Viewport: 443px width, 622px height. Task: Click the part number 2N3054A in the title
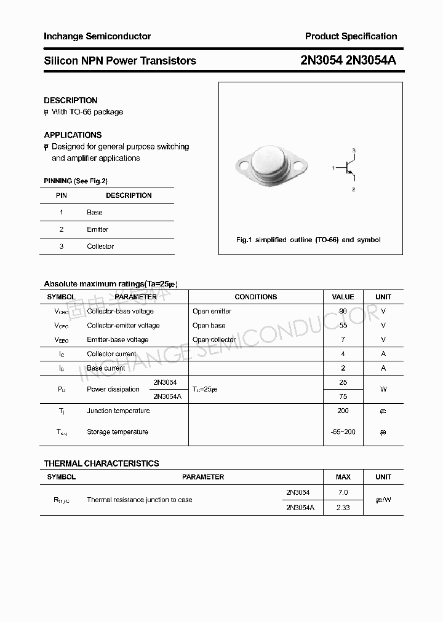(x=374, y=60)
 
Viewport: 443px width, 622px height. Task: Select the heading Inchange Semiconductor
(x=97, y=36)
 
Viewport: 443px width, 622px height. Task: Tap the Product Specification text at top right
(x=351, y=36)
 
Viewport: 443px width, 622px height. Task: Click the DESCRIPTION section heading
(x=71, y=100)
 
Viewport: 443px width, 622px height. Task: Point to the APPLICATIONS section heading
(x=73, y=135)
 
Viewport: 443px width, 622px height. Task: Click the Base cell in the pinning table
(x=95, y=212)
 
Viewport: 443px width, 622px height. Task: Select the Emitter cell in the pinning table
(x=97, y=229)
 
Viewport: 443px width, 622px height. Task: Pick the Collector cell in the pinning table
(x=100, y=246)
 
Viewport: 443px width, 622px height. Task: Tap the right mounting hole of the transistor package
(x=300, y=165)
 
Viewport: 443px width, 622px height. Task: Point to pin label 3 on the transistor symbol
(x=354, y=150)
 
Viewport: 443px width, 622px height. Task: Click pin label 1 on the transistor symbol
(x=333, y=167)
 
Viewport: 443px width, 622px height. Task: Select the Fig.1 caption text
(x=308, y=240)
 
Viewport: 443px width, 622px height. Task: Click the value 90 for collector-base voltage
(x=343, y=311)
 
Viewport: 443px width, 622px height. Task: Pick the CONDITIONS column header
(x=256, y=297)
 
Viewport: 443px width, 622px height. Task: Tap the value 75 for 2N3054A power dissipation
(x=343, y=396)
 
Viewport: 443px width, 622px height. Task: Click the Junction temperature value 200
(x=343, y=411)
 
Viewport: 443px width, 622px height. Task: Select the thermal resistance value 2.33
(x=343, y=508)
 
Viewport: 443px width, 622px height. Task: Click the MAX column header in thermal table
(x=343, y=477)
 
